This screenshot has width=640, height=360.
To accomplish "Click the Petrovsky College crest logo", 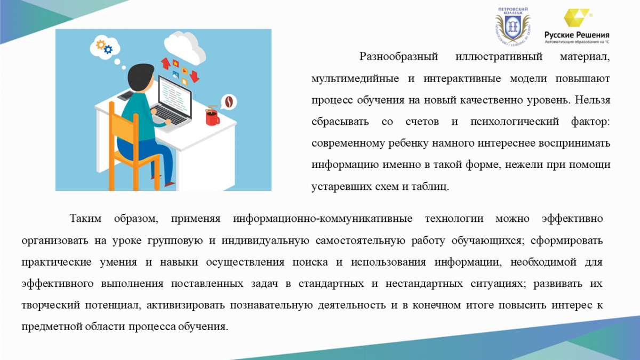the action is pos(513,26).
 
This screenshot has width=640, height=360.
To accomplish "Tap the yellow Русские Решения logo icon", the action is pos(576,18).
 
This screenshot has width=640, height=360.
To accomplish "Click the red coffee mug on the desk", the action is pos(212,117).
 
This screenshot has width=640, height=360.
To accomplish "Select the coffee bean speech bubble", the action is pos(229,102).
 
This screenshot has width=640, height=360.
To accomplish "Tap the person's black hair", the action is pos(141,77).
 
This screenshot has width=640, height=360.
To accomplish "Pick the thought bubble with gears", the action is pos(105,47).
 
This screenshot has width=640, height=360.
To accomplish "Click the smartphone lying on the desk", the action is pos(126,95).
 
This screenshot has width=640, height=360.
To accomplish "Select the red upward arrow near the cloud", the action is pos(165,63).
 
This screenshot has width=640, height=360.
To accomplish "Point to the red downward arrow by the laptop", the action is pos(195,77).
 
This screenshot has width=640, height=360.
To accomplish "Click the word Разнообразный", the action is pos(398,57).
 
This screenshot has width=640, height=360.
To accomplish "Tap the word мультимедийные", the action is pos(355,78).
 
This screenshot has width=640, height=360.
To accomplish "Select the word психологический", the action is pos(515,122).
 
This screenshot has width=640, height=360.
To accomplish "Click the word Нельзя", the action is pos(593,100).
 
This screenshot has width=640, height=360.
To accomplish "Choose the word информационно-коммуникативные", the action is pos(323,219).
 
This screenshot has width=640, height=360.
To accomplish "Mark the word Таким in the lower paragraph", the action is pos(86,219).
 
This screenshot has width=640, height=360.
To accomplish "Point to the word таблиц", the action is pos(430,187).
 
